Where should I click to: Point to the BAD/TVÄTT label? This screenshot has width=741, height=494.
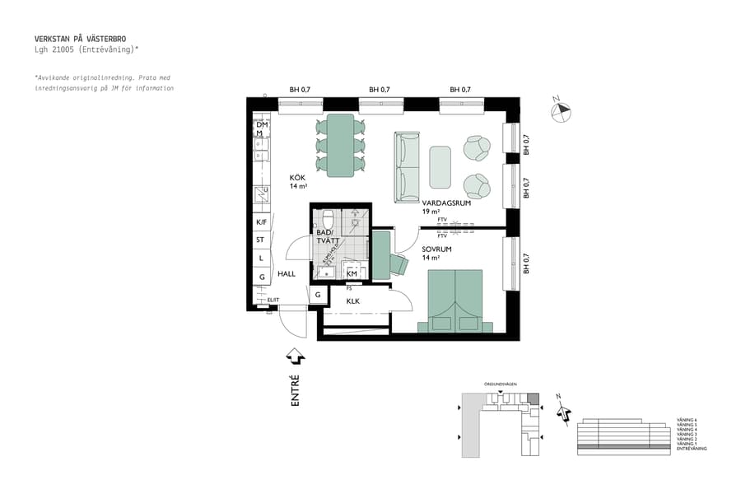pos(324,236)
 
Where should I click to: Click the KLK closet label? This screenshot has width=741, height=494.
pos(352,301)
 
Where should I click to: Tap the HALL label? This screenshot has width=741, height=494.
pos(286,274)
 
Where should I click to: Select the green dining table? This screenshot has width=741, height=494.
pos(340,145)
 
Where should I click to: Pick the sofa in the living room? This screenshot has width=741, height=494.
pos(408,167)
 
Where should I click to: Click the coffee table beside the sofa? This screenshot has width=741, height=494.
pos(440,167)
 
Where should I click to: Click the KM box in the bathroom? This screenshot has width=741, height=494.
pos(352,274)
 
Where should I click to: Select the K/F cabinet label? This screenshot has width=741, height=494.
pos(261,222)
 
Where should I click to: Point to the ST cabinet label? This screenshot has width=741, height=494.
pos(260,240)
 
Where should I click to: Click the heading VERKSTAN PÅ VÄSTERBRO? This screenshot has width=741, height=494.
pos(80,39)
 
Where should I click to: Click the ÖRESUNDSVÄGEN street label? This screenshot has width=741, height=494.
pos(501,384)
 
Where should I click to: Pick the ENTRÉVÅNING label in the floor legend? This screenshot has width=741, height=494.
pos(691,450)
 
